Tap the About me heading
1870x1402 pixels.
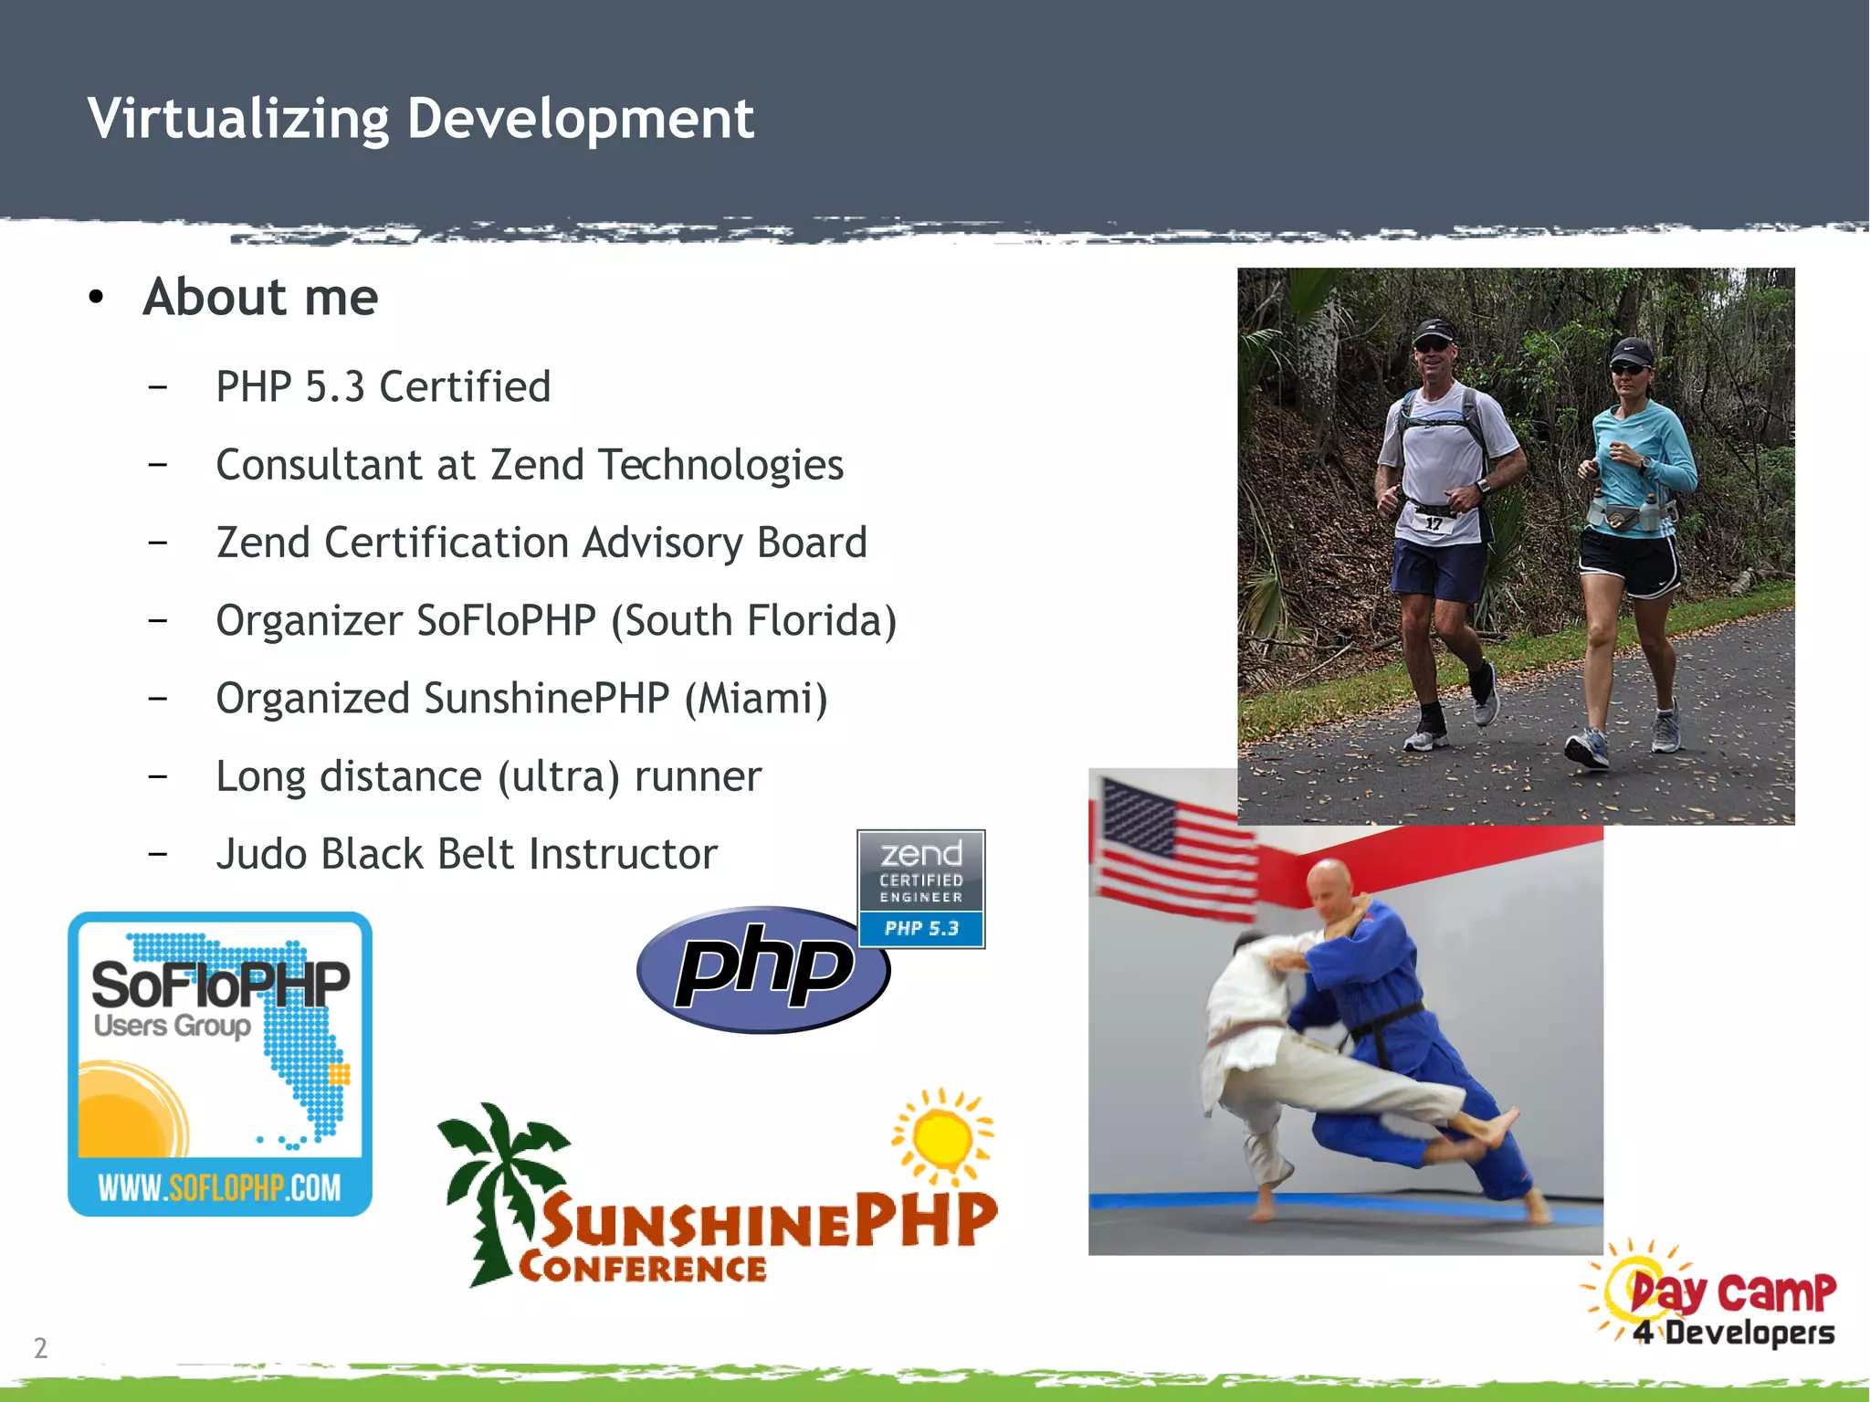click(260, 298)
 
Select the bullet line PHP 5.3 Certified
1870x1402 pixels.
click(383, 386)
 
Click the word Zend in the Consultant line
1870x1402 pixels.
click(537, 465)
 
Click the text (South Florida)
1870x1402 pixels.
click(753, 621)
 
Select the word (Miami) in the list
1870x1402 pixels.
click(756, 699)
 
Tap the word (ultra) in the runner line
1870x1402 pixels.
click(558, 777)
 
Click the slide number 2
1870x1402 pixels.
click(40, 1347)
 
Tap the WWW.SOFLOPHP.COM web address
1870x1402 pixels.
click(219, 1187)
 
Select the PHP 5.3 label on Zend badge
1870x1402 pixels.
click(921, 929)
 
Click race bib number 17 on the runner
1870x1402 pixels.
click(1434, 522)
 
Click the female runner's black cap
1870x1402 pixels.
click(1631, 351)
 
